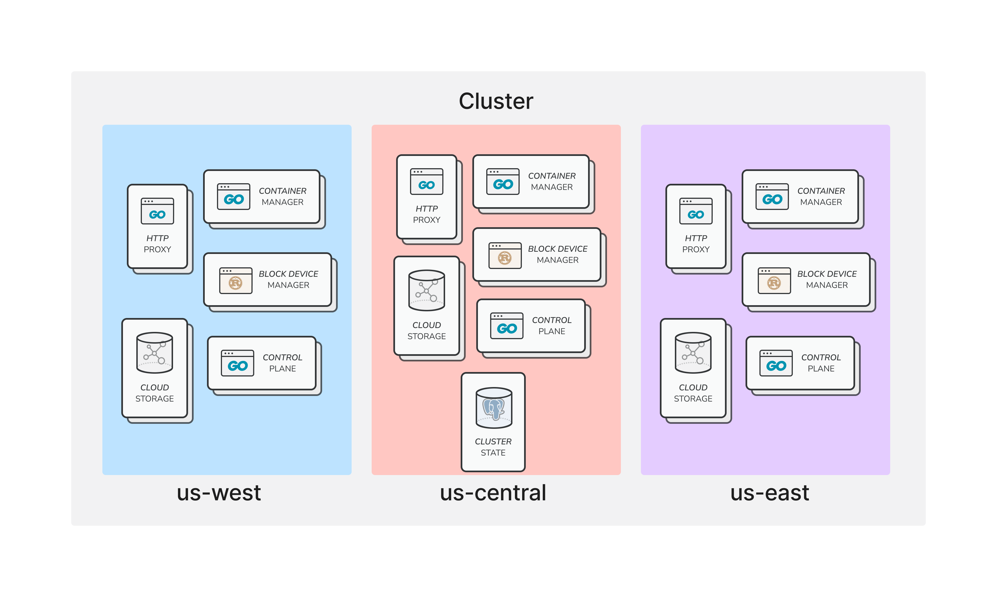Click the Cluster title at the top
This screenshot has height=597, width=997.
click(496, 101)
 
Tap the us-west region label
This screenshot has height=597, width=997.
click(219, 493)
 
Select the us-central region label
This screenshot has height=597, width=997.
click(493, 493)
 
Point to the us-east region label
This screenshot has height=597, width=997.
click(769, 493)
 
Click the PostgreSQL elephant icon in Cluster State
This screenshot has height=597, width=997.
click(494, 408)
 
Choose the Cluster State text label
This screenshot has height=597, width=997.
click(493, 447)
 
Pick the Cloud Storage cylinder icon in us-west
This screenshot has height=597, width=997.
click(155, 353)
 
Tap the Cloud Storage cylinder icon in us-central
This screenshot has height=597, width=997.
click(427, 290)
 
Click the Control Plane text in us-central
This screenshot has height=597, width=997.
click(552, 326)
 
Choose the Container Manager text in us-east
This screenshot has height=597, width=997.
click(821, 196)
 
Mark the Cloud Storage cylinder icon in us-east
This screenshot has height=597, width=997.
click(693, 353)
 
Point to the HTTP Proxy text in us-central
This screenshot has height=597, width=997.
click(427, 214)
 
